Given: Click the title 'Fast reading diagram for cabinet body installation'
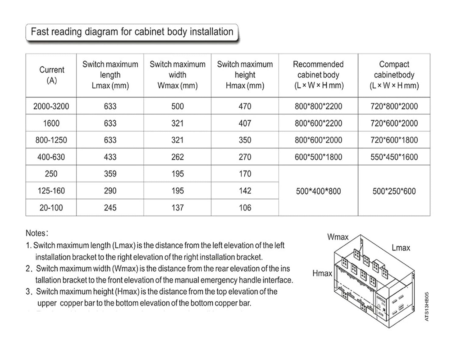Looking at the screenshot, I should pyautogui.click(x=132, y=32).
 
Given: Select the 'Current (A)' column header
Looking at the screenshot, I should pyautogui.click(x=51, y=75).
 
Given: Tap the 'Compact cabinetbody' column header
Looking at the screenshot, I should pyautogui.click(x=394, y=75).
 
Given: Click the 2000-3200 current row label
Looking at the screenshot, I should pyautogui.click(x=51, y=106).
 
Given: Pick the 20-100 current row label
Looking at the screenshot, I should pyautogui.click(x=51, y=208).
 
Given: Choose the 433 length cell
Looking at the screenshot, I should pyautogui.click(x=110, y=157).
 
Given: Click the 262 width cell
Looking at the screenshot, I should pyautogui.click(x=177, y=157).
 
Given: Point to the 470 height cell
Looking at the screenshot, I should pyautogui.click(x=245, y=106).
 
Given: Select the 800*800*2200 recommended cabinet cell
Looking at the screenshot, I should pyautogui.click(x=318, y=106).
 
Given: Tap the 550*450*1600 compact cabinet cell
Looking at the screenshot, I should pyautogui.click(x=394, y=157).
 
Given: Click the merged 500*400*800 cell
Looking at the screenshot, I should pyautogui.click(x=318, y=191).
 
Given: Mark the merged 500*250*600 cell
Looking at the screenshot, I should pyautogui.click(x=394, y=191).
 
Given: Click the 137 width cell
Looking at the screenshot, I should pyautogui.click(x=177, y=208).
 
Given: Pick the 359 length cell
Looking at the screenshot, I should pyautogui.click(x=110, y=174).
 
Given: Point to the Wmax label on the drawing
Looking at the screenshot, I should pyautogui.click(x=338, y=237).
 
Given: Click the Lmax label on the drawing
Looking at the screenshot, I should pyautogui.click(x=401, y=248).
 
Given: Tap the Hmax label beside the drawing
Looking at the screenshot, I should pyautogui.click(x=322, y=273).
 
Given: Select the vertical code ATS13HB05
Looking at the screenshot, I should pyautogui.click(x=427, y=307).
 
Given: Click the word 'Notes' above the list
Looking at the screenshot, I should pyautogui.click(x=36, y=233).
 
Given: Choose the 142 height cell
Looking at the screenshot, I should pyautogui.click(x=245, y=191).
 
